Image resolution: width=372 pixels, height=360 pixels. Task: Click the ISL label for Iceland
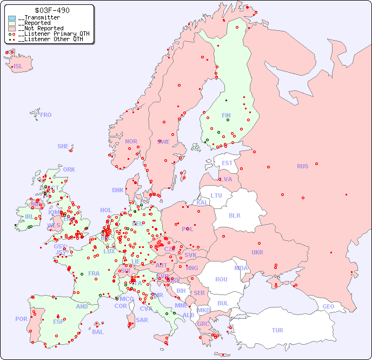[x=18, y=67]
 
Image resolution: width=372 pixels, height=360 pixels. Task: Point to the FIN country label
[x=226, y=115]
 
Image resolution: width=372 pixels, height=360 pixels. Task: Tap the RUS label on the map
[x=302, y=166]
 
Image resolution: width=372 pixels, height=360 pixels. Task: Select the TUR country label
[x=277, y=330]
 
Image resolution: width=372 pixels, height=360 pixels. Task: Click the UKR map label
[x=257, y=252]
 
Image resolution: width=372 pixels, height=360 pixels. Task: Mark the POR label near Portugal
[x=21, y=319]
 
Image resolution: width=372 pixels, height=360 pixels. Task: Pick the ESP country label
[x=58, y=321]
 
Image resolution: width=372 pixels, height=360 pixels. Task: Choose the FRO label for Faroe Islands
[x=46, y=115]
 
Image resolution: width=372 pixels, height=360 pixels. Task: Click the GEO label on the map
[x=328, y=306]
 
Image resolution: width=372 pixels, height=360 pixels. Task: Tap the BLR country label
[x=234, y=215]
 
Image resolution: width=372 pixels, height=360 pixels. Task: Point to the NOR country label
[x=131, y=141]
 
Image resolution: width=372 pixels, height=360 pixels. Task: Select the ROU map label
[x=221, y=279]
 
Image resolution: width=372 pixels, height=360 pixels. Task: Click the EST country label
[x=227, y=163]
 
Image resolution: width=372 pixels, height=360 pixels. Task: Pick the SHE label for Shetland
[x=63, y=146]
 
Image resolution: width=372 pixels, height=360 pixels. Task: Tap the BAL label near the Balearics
[x=98, y=332]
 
